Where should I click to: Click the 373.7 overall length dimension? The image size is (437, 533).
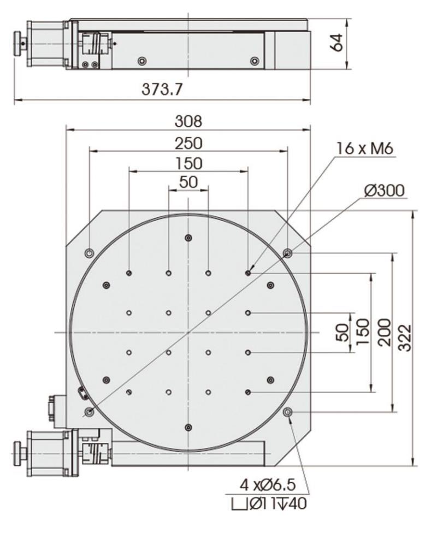click(x=162, y=90)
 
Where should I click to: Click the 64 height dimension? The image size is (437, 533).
click(x=338, y=43)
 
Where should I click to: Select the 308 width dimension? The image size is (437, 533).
click(x=188, y=121)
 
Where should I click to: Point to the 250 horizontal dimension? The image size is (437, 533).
click(x=188, y=143)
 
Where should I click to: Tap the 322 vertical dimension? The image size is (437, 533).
click(x=405, y=338)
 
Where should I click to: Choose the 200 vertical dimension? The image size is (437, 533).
click(x=385, y=332)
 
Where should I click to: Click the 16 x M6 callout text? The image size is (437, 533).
click(x=365, y=149)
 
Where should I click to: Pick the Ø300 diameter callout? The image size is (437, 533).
click(x=385, y=191)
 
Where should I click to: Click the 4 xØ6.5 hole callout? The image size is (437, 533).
click(x=268, y=485)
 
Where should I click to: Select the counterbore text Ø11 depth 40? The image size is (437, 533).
click(x=269, y=504)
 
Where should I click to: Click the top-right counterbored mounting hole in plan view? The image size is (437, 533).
click(x=288, y=253)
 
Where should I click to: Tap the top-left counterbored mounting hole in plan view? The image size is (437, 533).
click(x=90, y=253)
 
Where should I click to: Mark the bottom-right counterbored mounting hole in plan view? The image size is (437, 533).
click(x=288, y=412)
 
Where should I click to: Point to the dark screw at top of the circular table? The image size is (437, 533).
click(x=188, y=238)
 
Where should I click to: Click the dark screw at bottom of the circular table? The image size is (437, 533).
click(x=188, y=427)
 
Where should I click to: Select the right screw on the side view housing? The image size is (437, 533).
click(x=255, y=61)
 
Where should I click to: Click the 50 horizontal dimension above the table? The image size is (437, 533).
click(x=188, y=182)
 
